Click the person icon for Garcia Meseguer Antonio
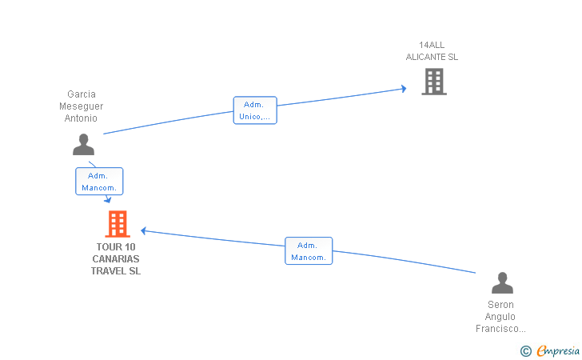tap(83, 144)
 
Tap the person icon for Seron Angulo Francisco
tap(502, 282)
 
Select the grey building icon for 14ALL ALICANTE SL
tap(434, 82)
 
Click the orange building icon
tap(118, 224)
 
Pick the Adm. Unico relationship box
tap(255, 110)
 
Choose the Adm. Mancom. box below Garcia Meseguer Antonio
tap(99, 182)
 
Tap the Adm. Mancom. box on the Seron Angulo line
tap(309, 250)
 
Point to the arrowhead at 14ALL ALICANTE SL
tap(404, 89)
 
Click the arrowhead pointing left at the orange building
tap(144, 230)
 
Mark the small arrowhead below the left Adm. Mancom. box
tap(108, 200)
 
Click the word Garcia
tap(82, 94)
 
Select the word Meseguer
tap(81, 106)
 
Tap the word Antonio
tap(81, 118)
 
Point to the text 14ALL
tap(432, 45)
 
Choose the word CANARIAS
tap(116, 259)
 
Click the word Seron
tap(500, 305)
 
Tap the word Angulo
tap(500, 317)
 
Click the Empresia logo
tap(550, 350)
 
